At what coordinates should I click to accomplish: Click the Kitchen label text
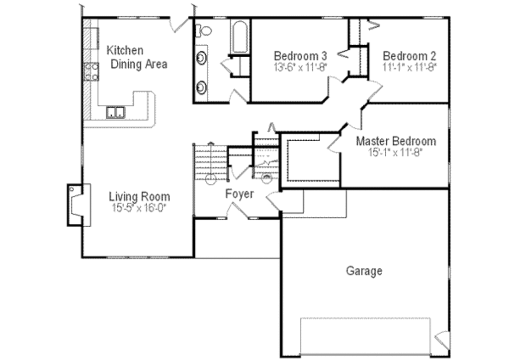[125, 50]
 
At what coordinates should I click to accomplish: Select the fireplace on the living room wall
[78, 204]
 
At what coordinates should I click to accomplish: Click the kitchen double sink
[115, 112]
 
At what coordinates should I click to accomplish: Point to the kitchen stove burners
[91, 72]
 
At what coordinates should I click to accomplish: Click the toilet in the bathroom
[204, 31]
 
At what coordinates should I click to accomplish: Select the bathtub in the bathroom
[240, 37]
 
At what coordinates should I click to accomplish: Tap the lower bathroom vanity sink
[201, 88]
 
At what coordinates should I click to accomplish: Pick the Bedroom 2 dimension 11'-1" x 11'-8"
[409, 67]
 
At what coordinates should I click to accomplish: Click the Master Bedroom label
[396, 141]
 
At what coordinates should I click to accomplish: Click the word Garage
[364, 271]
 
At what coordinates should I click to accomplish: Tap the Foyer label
[240, 194]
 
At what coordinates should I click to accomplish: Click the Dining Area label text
[139, 64]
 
